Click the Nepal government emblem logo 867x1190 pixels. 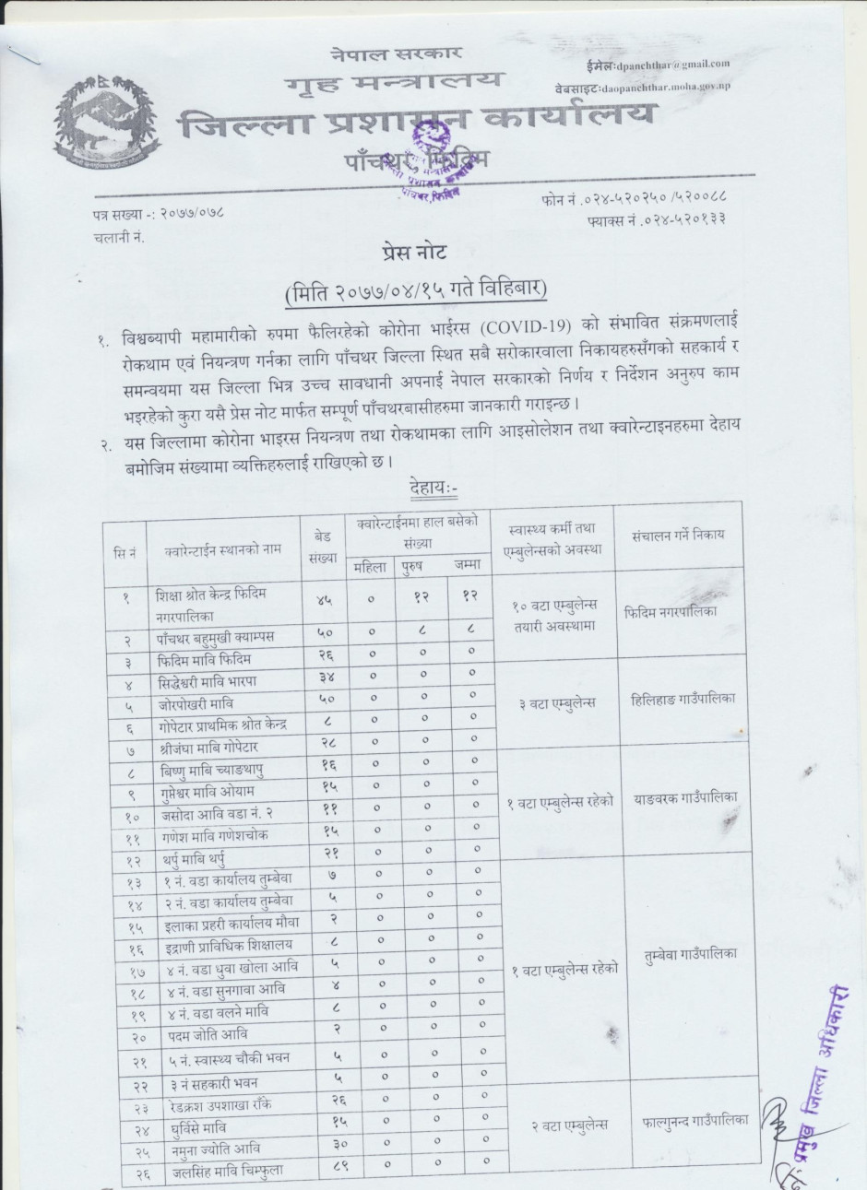coord(106,124)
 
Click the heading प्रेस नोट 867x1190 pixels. coord(415,252)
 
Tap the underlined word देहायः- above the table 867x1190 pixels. coord(441,485)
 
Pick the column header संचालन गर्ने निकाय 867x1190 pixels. coord(678,535)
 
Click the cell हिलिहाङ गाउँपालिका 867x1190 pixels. coord(679,700)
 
